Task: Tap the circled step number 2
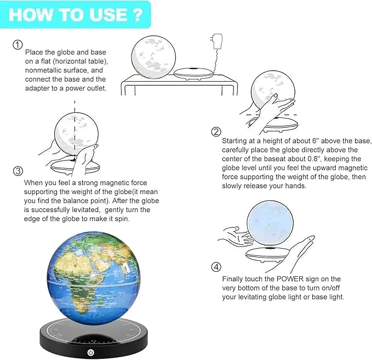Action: [x=216, y=132]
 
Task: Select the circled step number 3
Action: [x=18, y=170]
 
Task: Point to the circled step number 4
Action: [x=216, y=267]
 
